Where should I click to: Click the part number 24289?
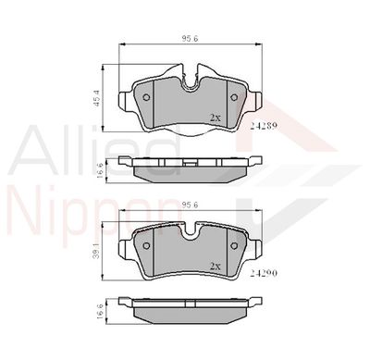click(265, 126)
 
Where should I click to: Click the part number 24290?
click(264, 273)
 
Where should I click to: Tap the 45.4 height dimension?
click(96, 98)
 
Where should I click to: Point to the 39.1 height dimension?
click(97, 252)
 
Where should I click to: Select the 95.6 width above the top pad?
click(191, 39)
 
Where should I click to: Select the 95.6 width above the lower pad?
click(191, 205)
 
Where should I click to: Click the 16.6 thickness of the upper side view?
click(100, 169)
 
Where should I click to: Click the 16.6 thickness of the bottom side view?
click(99, 310)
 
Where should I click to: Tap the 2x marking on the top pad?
click(216, 118)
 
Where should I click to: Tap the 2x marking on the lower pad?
click(216, 267)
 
